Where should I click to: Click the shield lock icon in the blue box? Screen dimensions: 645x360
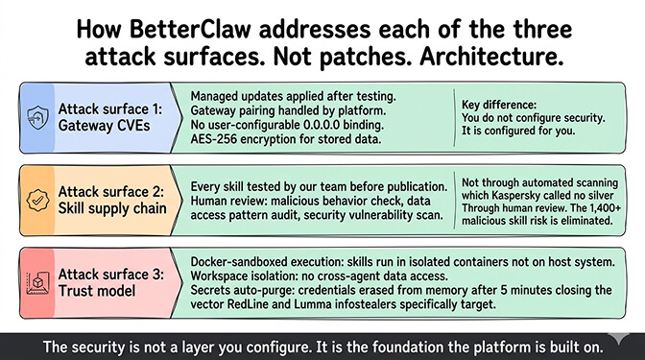coord(36,116)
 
